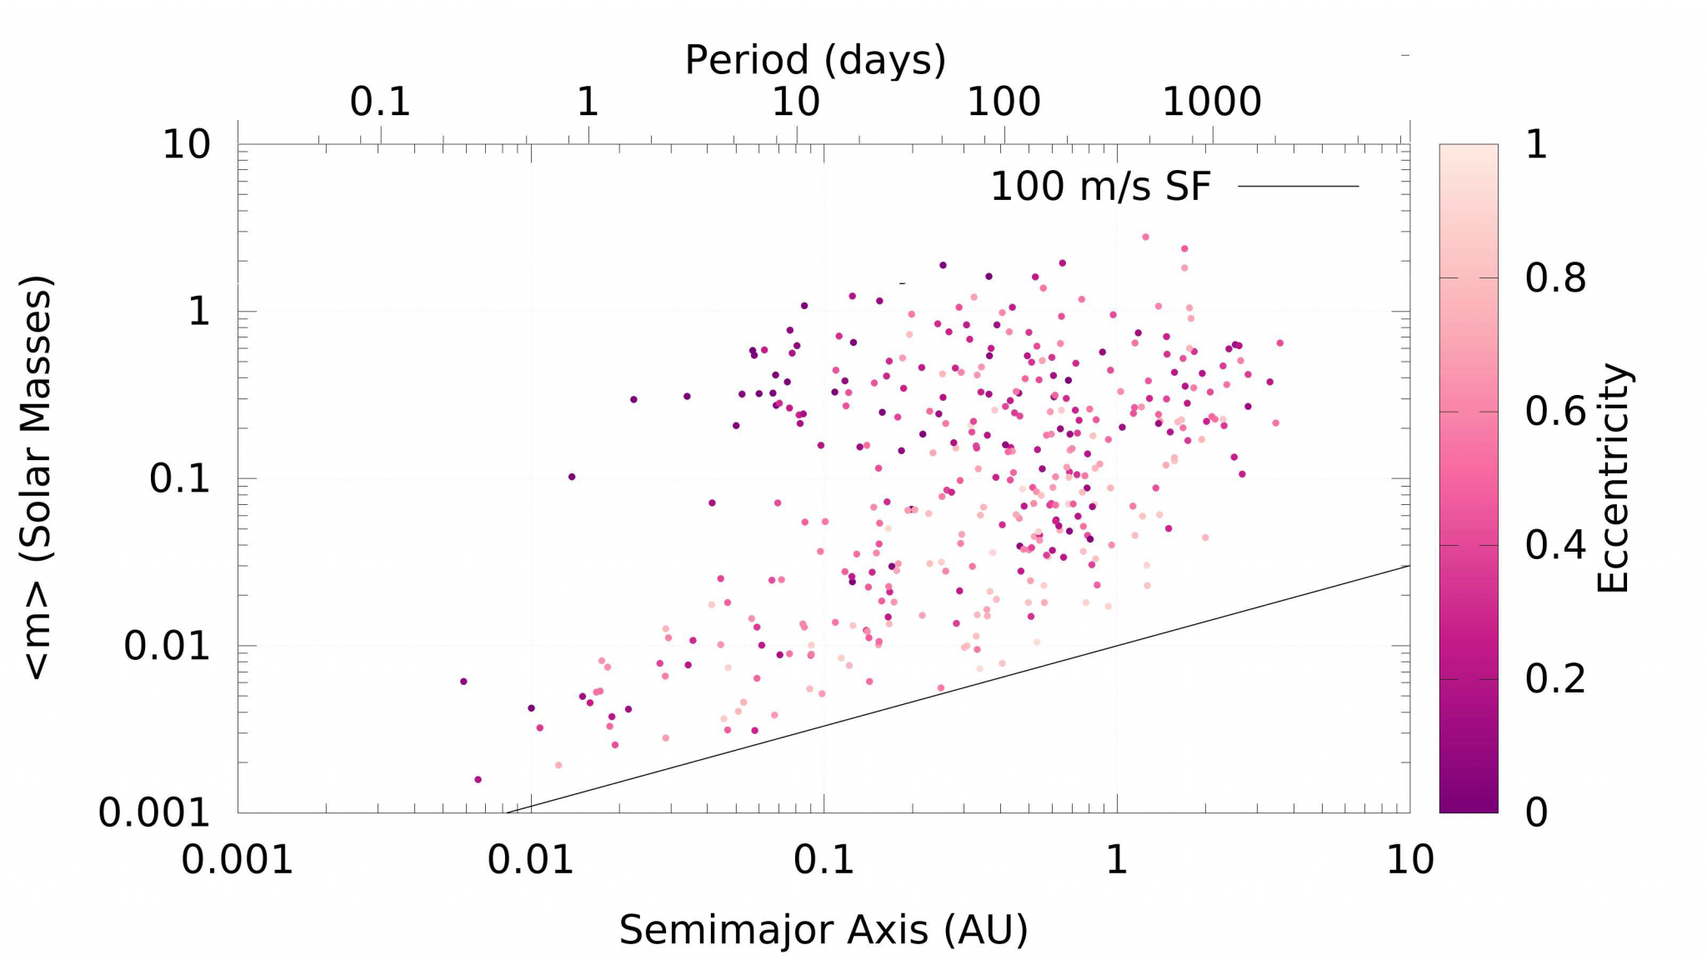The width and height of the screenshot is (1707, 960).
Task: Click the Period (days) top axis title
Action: (x=815, y=60)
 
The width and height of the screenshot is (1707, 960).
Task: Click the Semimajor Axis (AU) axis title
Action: (x=823, y=930)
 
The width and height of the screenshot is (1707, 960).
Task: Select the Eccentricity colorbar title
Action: (x=1613, y=477)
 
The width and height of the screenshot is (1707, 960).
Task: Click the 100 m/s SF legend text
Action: (x=1099, y=187)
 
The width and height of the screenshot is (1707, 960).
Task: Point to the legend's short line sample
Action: (x=1298, y=187)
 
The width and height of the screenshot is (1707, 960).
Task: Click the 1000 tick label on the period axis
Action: (x=1211, y=102)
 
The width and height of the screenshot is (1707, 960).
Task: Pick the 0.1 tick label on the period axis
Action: (x=380, y=102)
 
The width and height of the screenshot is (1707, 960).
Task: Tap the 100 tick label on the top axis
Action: (x=1004, y=102)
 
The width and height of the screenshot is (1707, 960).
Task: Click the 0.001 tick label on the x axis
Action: (x=238, y=859)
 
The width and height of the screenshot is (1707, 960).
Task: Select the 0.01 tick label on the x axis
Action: (x=531, y=859)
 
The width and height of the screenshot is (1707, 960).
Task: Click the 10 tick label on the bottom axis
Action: (x=1409, y=859)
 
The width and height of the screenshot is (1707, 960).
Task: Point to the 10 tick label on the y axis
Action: (x=186, y=145)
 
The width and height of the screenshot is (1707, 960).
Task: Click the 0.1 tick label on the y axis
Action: (x=179, y=479)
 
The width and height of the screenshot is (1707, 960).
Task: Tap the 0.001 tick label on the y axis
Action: (x=154, y=812)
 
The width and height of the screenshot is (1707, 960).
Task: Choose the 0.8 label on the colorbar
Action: (x=1555, y=278)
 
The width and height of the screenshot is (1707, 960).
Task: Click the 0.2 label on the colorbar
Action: (x=1555, y=679)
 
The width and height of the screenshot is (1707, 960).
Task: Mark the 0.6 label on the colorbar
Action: (x=1555, y=412)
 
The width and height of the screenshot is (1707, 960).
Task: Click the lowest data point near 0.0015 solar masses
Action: (x=478, y=780)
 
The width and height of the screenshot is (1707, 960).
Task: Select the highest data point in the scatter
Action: (x=1145, y=237)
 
